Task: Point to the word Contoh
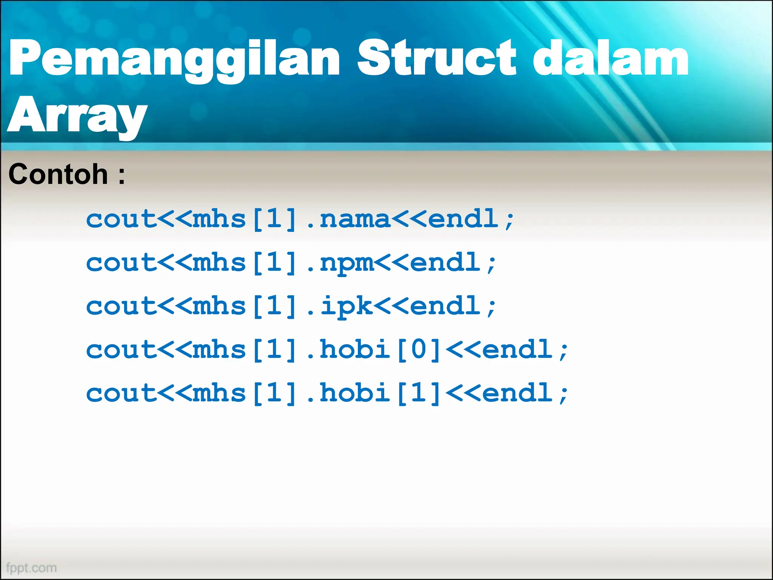point(58,174)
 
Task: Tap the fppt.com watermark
point(32,568)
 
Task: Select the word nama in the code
point(355,219)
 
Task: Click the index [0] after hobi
point(418,350)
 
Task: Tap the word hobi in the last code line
point(355,393)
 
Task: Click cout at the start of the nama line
point(121,219)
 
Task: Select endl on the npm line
point(445,263)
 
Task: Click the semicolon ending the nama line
point(510,221)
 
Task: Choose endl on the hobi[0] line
point(518,350)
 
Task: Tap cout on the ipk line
point(121,306)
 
